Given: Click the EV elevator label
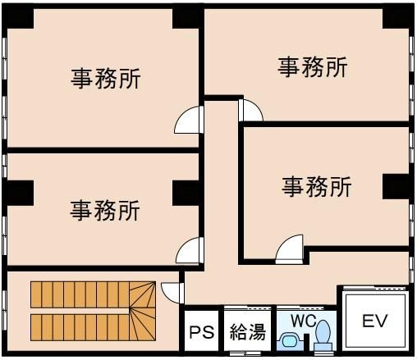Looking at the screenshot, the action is [374, 321].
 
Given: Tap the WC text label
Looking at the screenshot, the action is [304, 321].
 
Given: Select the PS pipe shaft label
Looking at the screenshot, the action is [202, 332].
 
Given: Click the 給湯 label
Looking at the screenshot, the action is [248, 332].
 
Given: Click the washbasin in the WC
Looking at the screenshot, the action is [290, 341].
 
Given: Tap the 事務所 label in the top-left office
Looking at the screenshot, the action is [106, 79].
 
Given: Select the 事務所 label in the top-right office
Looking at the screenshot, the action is [313, 67].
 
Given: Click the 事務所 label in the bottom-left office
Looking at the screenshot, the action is [105, 210].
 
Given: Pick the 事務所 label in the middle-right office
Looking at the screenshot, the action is [317, 187].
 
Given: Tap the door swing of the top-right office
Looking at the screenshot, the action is [250, 111].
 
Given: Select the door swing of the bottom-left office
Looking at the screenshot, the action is [190, 250].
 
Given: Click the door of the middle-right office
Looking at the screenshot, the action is [290, 249].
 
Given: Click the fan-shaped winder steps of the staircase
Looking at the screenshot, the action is [143, 311].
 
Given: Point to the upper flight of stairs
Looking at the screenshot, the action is [80, 294].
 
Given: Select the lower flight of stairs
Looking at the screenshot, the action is [80, 327].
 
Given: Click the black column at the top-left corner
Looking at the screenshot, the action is [18, 17].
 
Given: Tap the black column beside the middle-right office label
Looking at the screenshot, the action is [396, 187].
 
